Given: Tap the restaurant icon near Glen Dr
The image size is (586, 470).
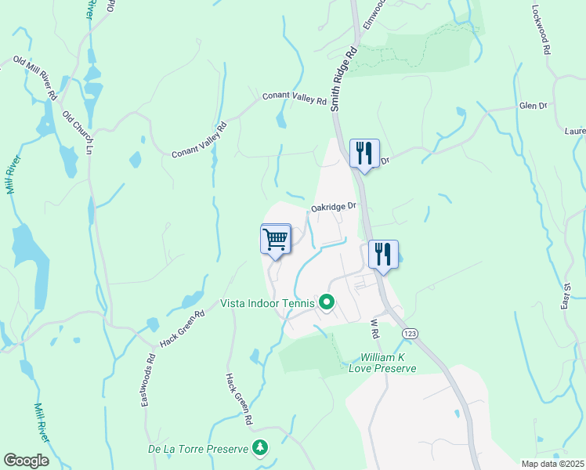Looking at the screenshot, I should [364, 153].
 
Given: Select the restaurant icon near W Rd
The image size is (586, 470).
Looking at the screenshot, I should [383, 254].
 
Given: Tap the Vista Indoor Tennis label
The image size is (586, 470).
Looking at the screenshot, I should [267, 303].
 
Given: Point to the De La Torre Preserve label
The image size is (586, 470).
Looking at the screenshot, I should [197, 450].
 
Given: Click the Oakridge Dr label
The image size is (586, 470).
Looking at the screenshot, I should [334, 208].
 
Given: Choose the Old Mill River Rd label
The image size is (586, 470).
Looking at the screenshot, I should [36, 78].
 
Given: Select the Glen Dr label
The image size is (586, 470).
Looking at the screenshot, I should [533, 106].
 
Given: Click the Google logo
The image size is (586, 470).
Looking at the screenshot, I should [26, 460].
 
